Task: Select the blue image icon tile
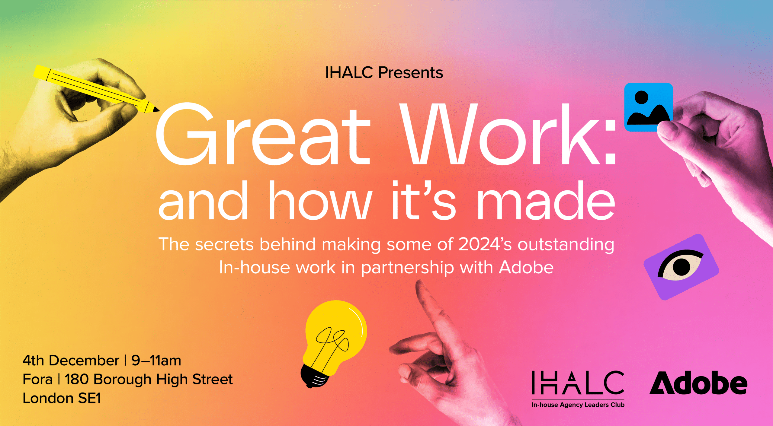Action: (649, 107)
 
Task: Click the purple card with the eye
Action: (681, 267)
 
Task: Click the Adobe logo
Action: (698, 383)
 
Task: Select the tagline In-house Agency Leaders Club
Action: (578, 405)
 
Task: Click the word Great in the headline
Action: (263, 134)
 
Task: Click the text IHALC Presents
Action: (384, 73)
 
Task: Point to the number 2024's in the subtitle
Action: (485, 244)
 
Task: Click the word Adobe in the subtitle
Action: (526, 267)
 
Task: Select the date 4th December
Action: (71, 361)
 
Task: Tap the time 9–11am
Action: (156, 361)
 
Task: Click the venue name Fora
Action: (37, 379)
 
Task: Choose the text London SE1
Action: (62, 398)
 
